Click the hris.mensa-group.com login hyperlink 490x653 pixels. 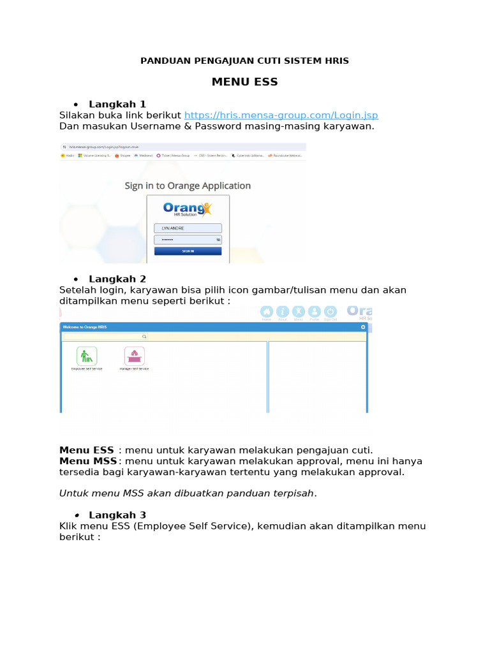point(281,115)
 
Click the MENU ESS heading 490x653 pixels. point(244,82)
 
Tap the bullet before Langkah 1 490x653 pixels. point(76,105)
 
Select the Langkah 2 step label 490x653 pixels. point(117,279)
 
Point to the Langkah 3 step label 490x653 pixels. point(117,515)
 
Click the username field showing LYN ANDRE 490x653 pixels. point(188,228)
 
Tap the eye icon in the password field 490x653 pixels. point(218,240)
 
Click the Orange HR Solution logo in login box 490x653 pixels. point(187,209)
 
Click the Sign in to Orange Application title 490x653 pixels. point(188,186)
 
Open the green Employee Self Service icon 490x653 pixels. point(87,356)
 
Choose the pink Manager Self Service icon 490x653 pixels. point(134,356)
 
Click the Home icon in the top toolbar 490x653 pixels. point(266,311)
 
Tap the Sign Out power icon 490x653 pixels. point(330,311)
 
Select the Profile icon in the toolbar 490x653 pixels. point(315,311)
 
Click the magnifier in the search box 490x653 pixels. point(144,336)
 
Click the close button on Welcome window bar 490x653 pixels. point(362,326)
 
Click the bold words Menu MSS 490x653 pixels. point(88,461)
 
